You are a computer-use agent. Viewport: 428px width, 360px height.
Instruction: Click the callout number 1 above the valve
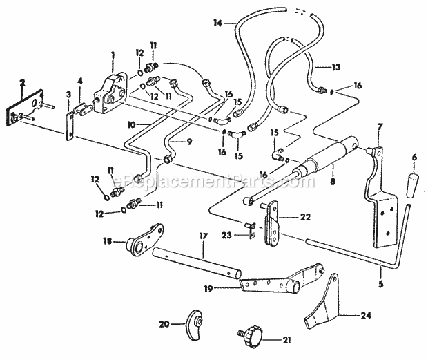(113, 54)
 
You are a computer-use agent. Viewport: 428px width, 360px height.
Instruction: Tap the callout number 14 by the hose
(218, 23)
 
